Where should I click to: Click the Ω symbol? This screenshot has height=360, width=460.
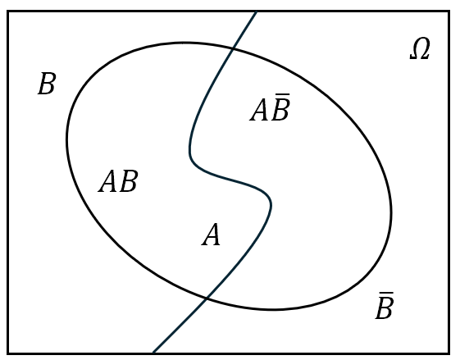420,49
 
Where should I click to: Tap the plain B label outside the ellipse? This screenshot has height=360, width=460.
47,84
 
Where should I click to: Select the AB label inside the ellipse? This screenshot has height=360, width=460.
118,181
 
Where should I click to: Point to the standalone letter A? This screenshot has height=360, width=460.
211,235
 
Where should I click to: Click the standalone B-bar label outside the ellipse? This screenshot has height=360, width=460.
385,305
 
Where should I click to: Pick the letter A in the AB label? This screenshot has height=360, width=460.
108,181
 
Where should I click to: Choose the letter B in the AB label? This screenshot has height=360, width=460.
129,181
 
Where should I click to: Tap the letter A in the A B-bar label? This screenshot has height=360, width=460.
259,111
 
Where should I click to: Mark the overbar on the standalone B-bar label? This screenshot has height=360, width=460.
386,293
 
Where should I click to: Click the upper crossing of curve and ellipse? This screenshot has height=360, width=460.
233,48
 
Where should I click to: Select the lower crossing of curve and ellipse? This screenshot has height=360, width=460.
207,298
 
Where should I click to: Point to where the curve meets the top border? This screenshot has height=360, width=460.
257,11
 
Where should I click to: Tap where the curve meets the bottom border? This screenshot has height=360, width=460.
153,352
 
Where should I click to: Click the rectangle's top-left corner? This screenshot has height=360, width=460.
8,11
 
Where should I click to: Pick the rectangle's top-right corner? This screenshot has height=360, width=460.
449,11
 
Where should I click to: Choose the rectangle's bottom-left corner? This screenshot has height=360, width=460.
8,353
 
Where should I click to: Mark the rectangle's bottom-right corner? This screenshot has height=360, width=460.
449,353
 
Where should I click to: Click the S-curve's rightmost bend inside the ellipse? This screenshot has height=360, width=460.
271,204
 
